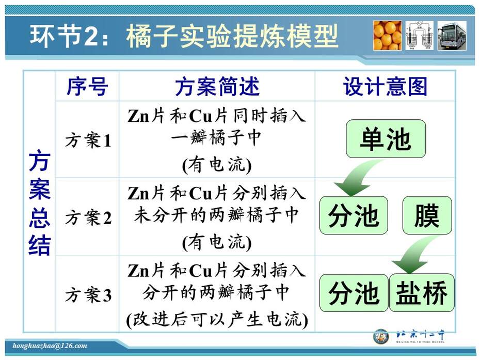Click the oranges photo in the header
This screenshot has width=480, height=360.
click(x=387, y=36)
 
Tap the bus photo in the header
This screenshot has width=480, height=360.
click(x=452, y=36)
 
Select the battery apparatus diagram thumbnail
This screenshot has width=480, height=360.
click(x=420, y=36)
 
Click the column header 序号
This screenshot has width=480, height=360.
click(x=87, y=86)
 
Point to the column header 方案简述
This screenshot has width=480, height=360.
click(x=217, y=86)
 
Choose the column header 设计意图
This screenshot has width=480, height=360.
click(x=385, y=86)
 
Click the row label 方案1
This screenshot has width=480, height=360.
click(x=88, y=140)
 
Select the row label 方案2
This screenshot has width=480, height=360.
click(x=88, y=218)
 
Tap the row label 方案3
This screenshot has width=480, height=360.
click(x=88, y=295)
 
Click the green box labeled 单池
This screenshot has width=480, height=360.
click(x=386, y=139)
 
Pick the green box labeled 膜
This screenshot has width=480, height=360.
click(x=427, y=215)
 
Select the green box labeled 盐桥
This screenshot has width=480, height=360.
click(x=422, y=293)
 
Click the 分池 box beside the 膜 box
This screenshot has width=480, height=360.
click(x=354, y=215)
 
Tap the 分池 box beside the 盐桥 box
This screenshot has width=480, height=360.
click(x=354, y=293)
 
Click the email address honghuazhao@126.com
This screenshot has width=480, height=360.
click(x=50, y=346)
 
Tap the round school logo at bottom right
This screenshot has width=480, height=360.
click(x=380, y=336)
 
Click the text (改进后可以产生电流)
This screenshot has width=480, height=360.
click(x=217, y=320)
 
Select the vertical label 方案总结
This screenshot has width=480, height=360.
click(x=40, y=202)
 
